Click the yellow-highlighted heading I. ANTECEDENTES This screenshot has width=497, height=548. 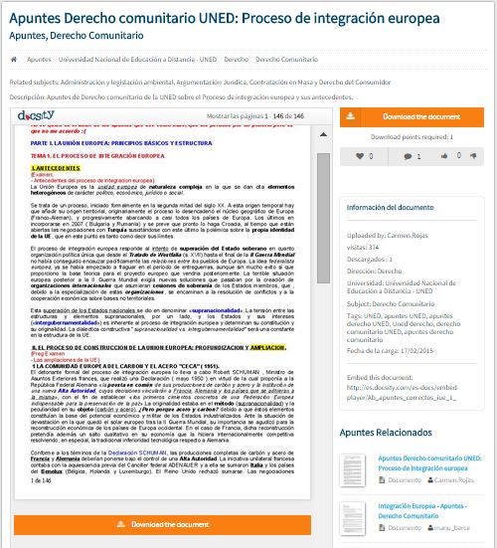pyautogui.click(x=55, y=170)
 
